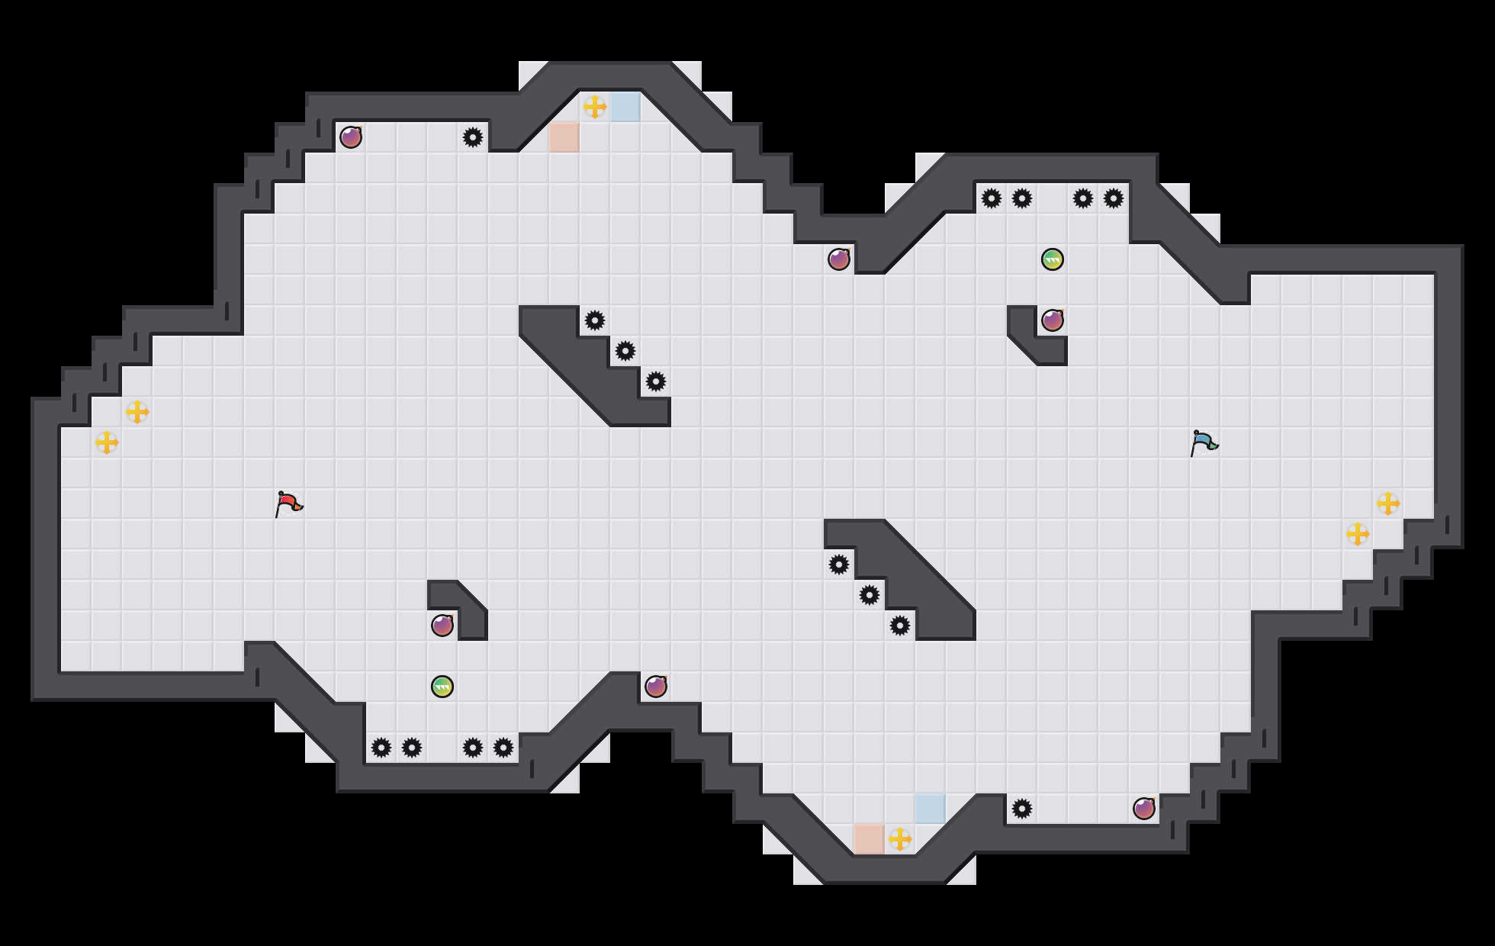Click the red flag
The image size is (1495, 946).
[288, 504]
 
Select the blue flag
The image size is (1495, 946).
[1204, 443]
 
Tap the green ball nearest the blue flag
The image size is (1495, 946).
[1053, 259]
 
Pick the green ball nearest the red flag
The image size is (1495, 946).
[442, 687]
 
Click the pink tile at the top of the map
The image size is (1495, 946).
[564, 137]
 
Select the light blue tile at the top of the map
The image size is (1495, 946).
[625, 107]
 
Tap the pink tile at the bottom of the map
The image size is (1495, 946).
[870, 839]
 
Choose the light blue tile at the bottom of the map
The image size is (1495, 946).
[931, 809]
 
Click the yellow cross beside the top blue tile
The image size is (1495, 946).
[595, 107]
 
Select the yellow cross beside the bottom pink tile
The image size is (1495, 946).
[900, 839]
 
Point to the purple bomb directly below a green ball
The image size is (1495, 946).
[1053, 320]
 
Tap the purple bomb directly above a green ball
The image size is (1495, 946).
[442, 626]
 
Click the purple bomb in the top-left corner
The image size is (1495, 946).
[351, 137]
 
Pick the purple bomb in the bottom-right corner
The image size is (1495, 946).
[1144, 809]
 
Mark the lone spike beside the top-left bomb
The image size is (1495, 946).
[473, 137]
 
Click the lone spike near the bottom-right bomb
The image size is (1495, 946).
[1022, 809]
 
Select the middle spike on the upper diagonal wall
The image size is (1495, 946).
[625, 351]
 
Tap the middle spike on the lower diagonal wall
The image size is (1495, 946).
[870, 595]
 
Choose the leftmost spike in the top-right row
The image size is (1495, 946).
[992, 198]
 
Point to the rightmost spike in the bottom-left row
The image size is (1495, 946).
[503, 748]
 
